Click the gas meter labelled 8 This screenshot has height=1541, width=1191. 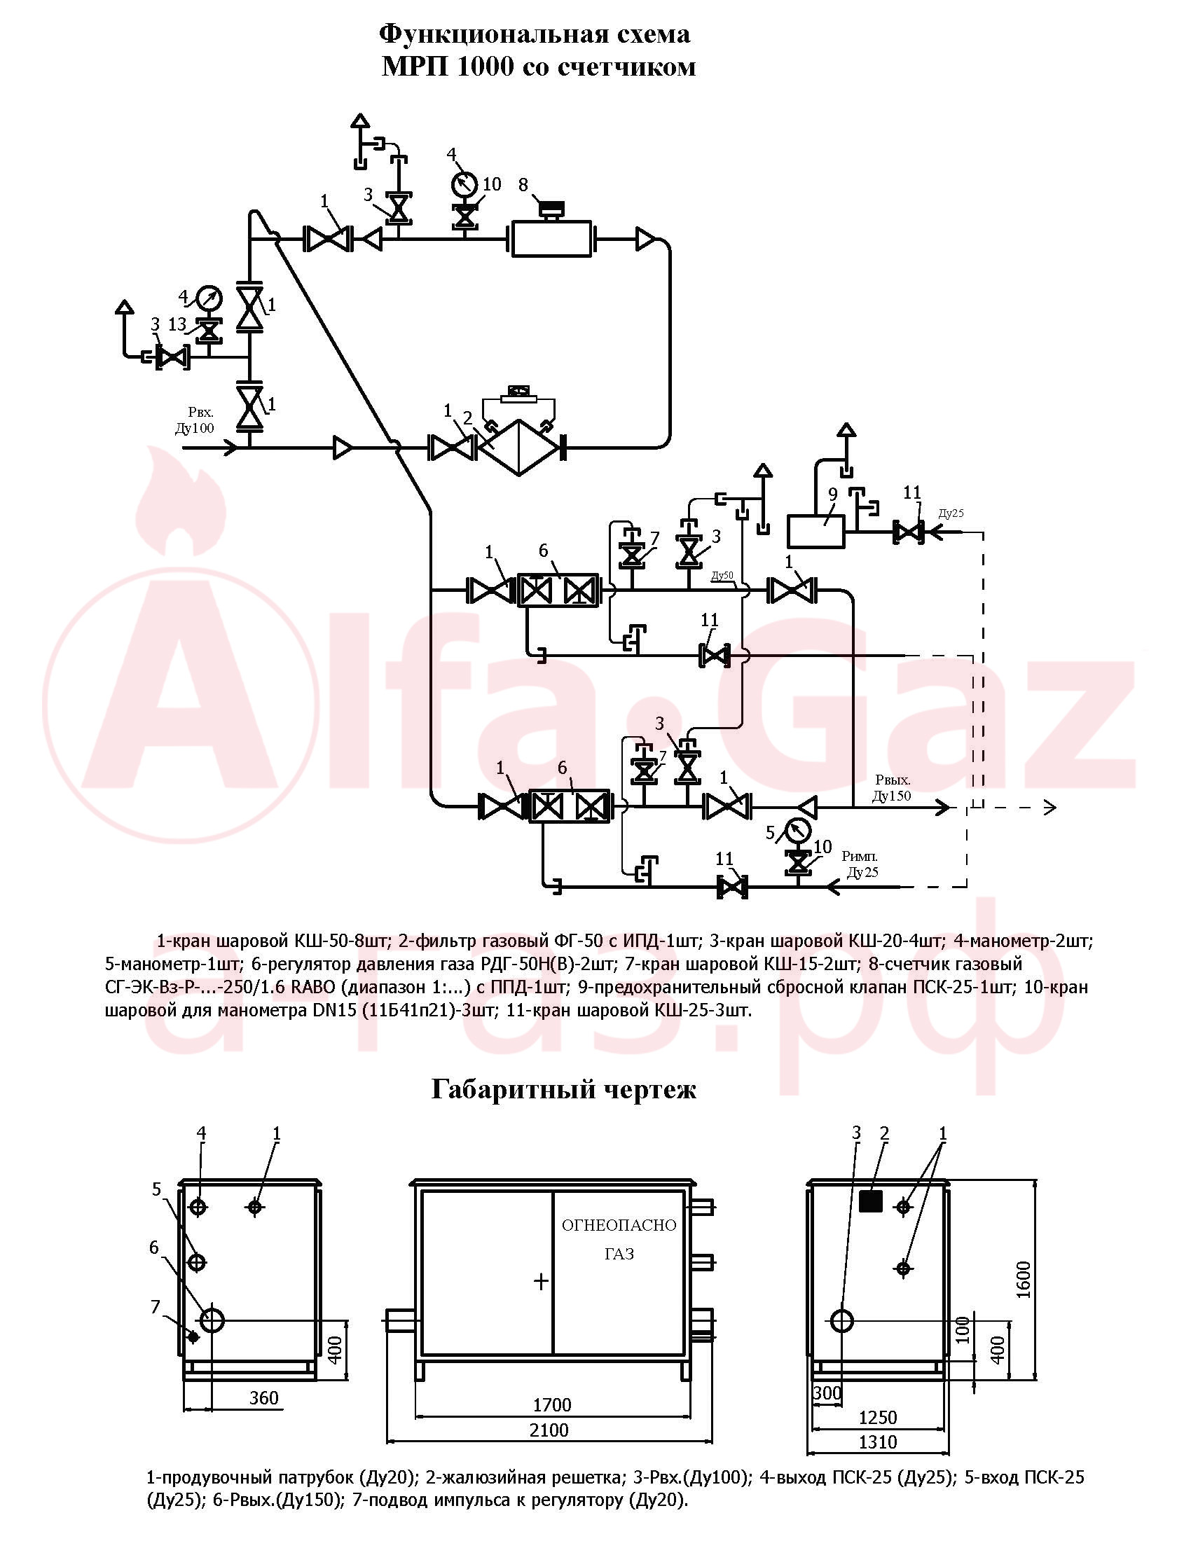click(x=551, y=238)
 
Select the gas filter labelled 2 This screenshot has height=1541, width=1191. click(x=518, y=447)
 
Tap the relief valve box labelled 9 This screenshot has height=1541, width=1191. click(x=815, y=532)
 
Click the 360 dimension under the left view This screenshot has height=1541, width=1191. click(x=264, y=1398)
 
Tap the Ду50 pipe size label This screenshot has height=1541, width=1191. click(x=722, y=575)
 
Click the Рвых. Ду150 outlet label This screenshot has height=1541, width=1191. click(x=892, y=787)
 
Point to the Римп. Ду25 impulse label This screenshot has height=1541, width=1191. click(x=860, y=864)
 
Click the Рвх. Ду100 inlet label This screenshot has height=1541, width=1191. click(x=195, y=420)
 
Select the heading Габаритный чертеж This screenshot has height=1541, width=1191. click(x=563, y=1089)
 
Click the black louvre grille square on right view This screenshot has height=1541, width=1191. click(x=871, y=1200)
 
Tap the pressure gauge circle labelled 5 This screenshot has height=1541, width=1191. click(x=797, y=831)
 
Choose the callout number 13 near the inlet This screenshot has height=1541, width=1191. click(x=177, y=324)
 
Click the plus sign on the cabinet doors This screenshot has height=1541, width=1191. click(x=541, y=1281)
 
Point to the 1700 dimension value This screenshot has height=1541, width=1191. click(x=551, y=1405)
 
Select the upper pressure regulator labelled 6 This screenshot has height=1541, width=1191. click(x=558, y=590)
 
